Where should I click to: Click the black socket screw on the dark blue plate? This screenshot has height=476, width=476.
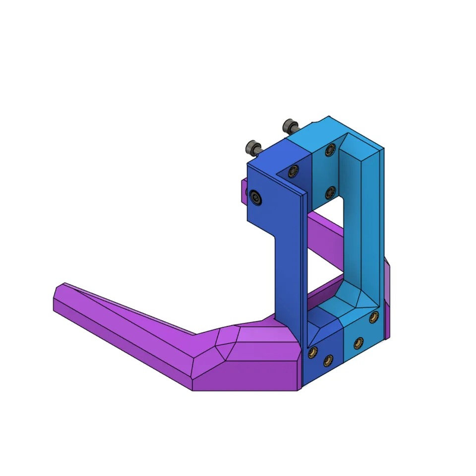pyautogui.click(x=256, y=197)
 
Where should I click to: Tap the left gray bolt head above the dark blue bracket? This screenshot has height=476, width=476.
pyautogui.click(x=252, y=147)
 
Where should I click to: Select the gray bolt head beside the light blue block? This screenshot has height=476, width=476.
pyautogui.click(x=289, y=125)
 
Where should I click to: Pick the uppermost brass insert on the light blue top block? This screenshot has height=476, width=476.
pyautogui.click(x=329, y=150)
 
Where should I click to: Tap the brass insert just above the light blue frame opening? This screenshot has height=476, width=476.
pyautogui.click(x=329, y=191)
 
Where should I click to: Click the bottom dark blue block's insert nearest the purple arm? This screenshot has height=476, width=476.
pyautogui.click(x=313, y=353)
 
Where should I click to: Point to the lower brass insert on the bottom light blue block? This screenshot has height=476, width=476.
pyautogui.click(x=358, y=342)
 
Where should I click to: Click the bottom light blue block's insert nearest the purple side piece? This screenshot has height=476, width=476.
pyautogui.click(x=372, y=317)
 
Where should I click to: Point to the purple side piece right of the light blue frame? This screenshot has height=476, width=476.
pyautogui.click(x=387, y=297)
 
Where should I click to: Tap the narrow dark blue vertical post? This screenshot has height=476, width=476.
pyautogui.click(x=288, y=278)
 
